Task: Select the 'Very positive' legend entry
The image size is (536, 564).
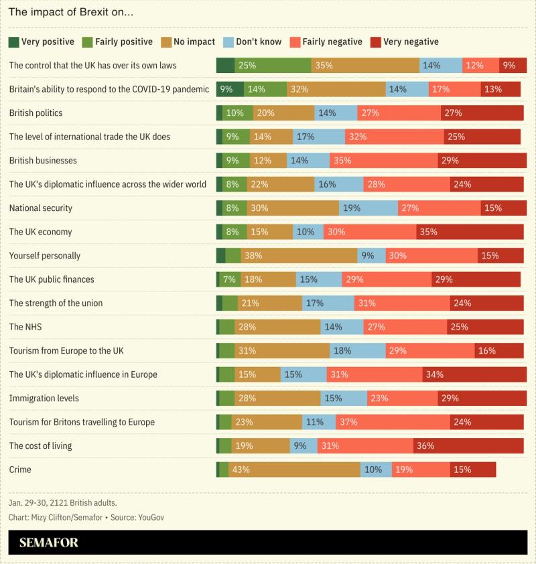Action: coord(42,42)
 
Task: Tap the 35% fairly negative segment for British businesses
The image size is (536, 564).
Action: coord(383,161)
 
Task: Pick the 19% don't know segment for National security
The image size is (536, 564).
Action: coord(368,208)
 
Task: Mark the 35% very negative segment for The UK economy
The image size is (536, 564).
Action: coord(469,232)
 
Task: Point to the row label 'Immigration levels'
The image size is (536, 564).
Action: coord(44,398)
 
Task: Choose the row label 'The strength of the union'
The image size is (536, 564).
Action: coord(56,303)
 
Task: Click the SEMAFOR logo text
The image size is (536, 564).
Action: coord(49,543)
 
